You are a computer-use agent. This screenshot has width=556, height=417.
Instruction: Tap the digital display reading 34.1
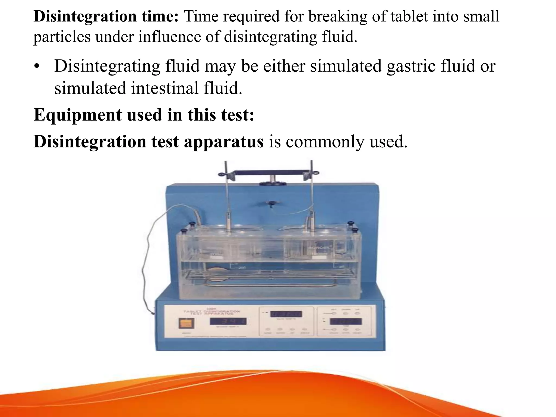228,321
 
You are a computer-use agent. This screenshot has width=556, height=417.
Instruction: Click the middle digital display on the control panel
286,314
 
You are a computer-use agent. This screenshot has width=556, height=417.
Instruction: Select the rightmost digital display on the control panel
346,322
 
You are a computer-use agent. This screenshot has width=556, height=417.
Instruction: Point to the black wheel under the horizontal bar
272,183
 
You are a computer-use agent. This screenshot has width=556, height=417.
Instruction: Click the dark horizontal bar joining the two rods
269,172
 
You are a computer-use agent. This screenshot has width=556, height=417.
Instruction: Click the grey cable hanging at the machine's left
147,261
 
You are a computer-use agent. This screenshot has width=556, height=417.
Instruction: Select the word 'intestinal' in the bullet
165,88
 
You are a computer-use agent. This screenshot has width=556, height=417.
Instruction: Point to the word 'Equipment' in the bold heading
78,115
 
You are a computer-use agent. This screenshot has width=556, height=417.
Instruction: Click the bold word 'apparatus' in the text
223,142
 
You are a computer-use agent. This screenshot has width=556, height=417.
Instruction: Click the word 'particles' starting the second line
62,37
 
